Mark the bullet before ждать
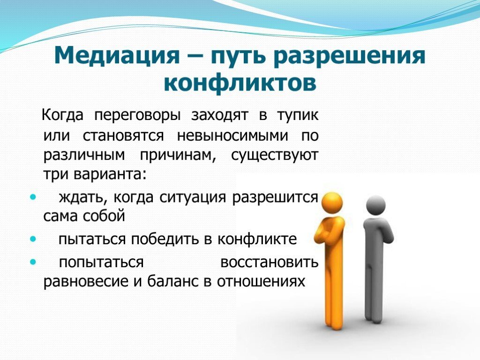pos(32,197)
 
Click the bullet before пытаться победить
pos(32,239)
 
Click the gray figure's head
pos(375,205)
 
